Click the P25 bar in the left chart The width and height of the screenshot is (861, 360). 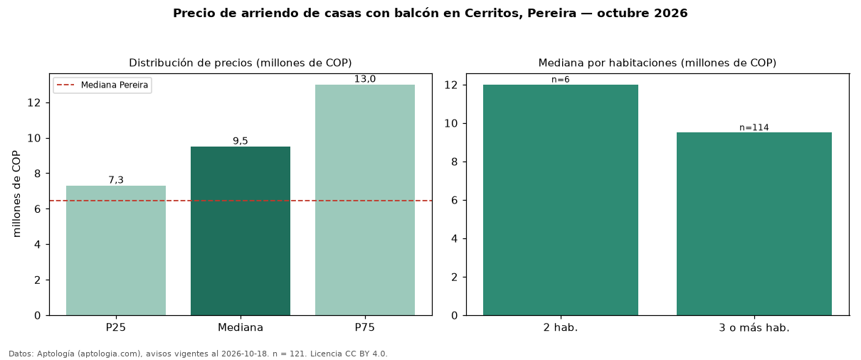[116, 250]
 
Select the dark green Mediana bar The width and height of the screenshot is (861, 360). [241, 231]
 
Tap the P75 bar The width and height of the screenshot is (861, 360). [365, 200]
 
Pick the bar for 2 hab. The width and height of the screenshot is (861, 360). [561, 200]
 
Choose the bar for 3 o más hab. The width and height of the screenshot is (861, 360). [754, 224]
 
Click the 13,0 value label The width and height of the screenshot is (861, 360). [365, 79]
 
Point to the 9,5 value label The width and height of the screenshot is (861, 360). [241, 141]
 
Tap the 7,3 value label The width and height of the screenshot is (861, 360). [116, 180]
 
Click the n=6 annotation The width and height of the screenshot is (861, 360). [561, 80]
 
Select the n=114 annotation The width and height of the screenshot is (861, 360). [754, 127]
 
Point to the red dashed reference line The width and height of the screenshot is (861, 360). [241, 201]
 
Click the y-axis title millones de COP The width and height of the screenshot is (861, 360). [16, 194]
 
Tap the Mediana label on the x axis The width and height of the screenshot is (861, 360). [241, 327]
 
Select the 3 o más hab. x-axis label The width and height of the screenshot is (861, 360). [754, 328]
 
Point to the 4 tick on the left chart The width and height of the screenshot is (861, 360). [37, 244]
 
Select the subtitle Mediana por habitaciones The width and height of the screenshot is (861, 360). [607, 63]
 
